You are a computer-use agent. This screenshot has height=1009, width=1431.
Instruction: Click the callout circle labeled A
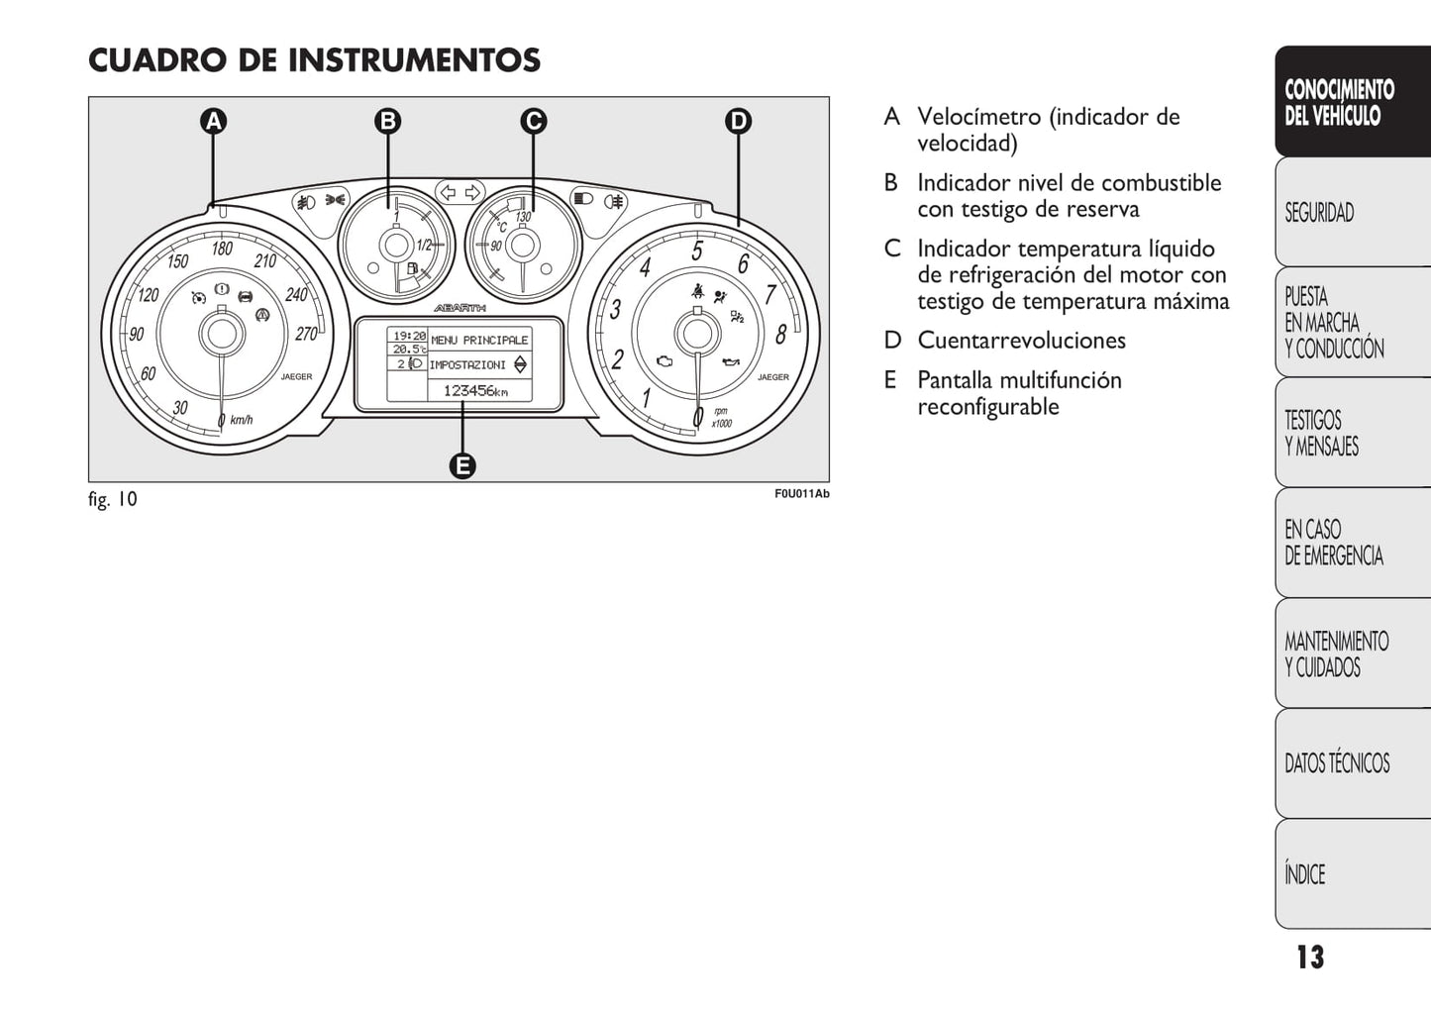pos(213,122)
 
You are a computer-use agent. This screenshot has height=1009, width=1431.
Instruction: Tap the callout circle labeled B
pos(388,122)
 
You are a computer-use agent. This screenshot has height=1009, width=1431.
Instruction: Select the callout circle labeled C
pos(534,122)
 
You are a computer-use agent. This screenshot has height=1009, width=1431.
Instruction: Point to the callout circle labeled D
pos(739,122)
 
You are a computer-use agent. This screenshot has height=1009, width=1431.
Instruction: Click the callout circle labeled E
pos(462,465)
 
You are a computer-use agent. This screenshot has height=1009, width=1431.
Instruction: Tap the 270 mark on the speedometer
pos(307,334)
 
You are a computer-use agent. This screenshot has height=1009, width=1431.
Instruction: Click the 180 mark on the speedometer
pos(222,249)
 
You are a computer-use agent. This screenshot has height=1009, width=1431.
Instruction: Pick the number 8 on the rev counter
pos(780,334)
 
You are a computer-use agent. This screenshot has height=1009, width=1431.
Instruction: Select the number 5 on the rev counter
pos(697,251)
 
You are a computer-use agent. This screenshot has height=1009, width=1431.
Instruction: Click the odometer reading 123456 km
pos(476,391)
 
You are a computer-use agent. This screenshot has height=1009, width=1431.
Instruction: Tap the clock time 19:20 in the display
pos(410,336)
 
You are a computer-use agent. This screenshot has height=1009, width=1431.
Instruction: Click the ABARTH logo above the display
pos(460,309)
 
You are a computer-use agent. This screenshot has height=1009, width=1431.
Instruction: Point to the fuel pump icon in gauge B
pos(412,268)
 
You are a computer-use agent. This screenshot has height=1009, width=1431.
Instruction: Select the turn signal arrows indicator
pos(460,192)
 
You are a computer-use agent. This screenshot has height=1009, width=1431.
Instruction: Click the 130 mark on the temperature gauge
pos(523,217)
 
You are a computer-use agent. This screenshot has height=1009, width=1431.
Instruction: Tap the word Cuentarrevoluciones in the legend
pos(1021,341)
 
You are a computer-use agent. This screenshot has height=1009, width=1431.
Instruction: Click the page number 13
pos(1311,958)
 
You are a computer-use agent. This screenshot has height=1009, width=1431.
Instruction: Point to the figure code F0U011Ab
pos(802,494)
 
